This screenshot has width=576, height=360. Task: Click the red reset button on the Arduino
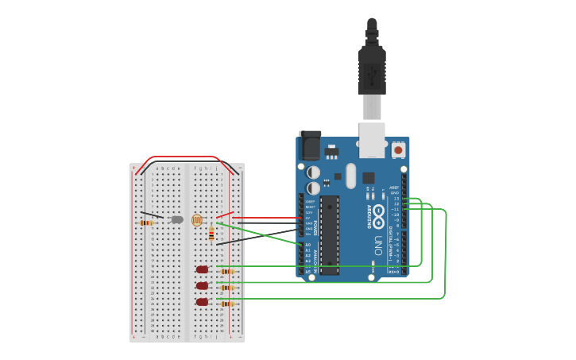tap(398, 149)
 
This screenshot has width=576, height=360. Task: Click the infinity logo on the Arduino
tap(379, 212)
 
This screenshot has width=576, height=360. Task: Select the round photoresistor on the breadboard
tap(197, 221)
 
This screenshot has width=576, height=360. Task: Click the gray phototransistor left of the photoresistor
tap(177, 219)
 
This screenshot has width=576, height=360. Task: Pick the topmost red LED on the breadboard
tap(202, 269)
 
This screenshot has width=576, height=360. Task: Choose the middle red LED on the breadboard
tap(202, 285)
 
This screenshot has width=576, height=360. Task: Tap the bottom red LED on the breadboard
tap(202, 302)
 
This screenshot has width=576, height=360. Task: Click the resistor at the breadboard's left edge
tap(146, 223)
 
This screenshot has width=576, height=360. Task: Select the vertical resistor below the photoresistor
tap(211, 234)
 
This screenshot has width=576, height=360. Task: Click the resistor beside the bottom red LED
tap(227, 304)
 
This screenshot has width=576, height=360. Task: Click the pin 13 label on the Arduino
tap(396, 198)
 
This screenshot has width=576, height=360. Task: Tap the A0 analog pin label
tap(307, 245)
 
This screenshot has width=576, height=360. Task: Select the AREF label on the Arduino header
tap(394, 187)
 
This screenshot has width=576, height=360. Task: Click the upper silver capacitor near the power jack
tap(314, 172)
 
